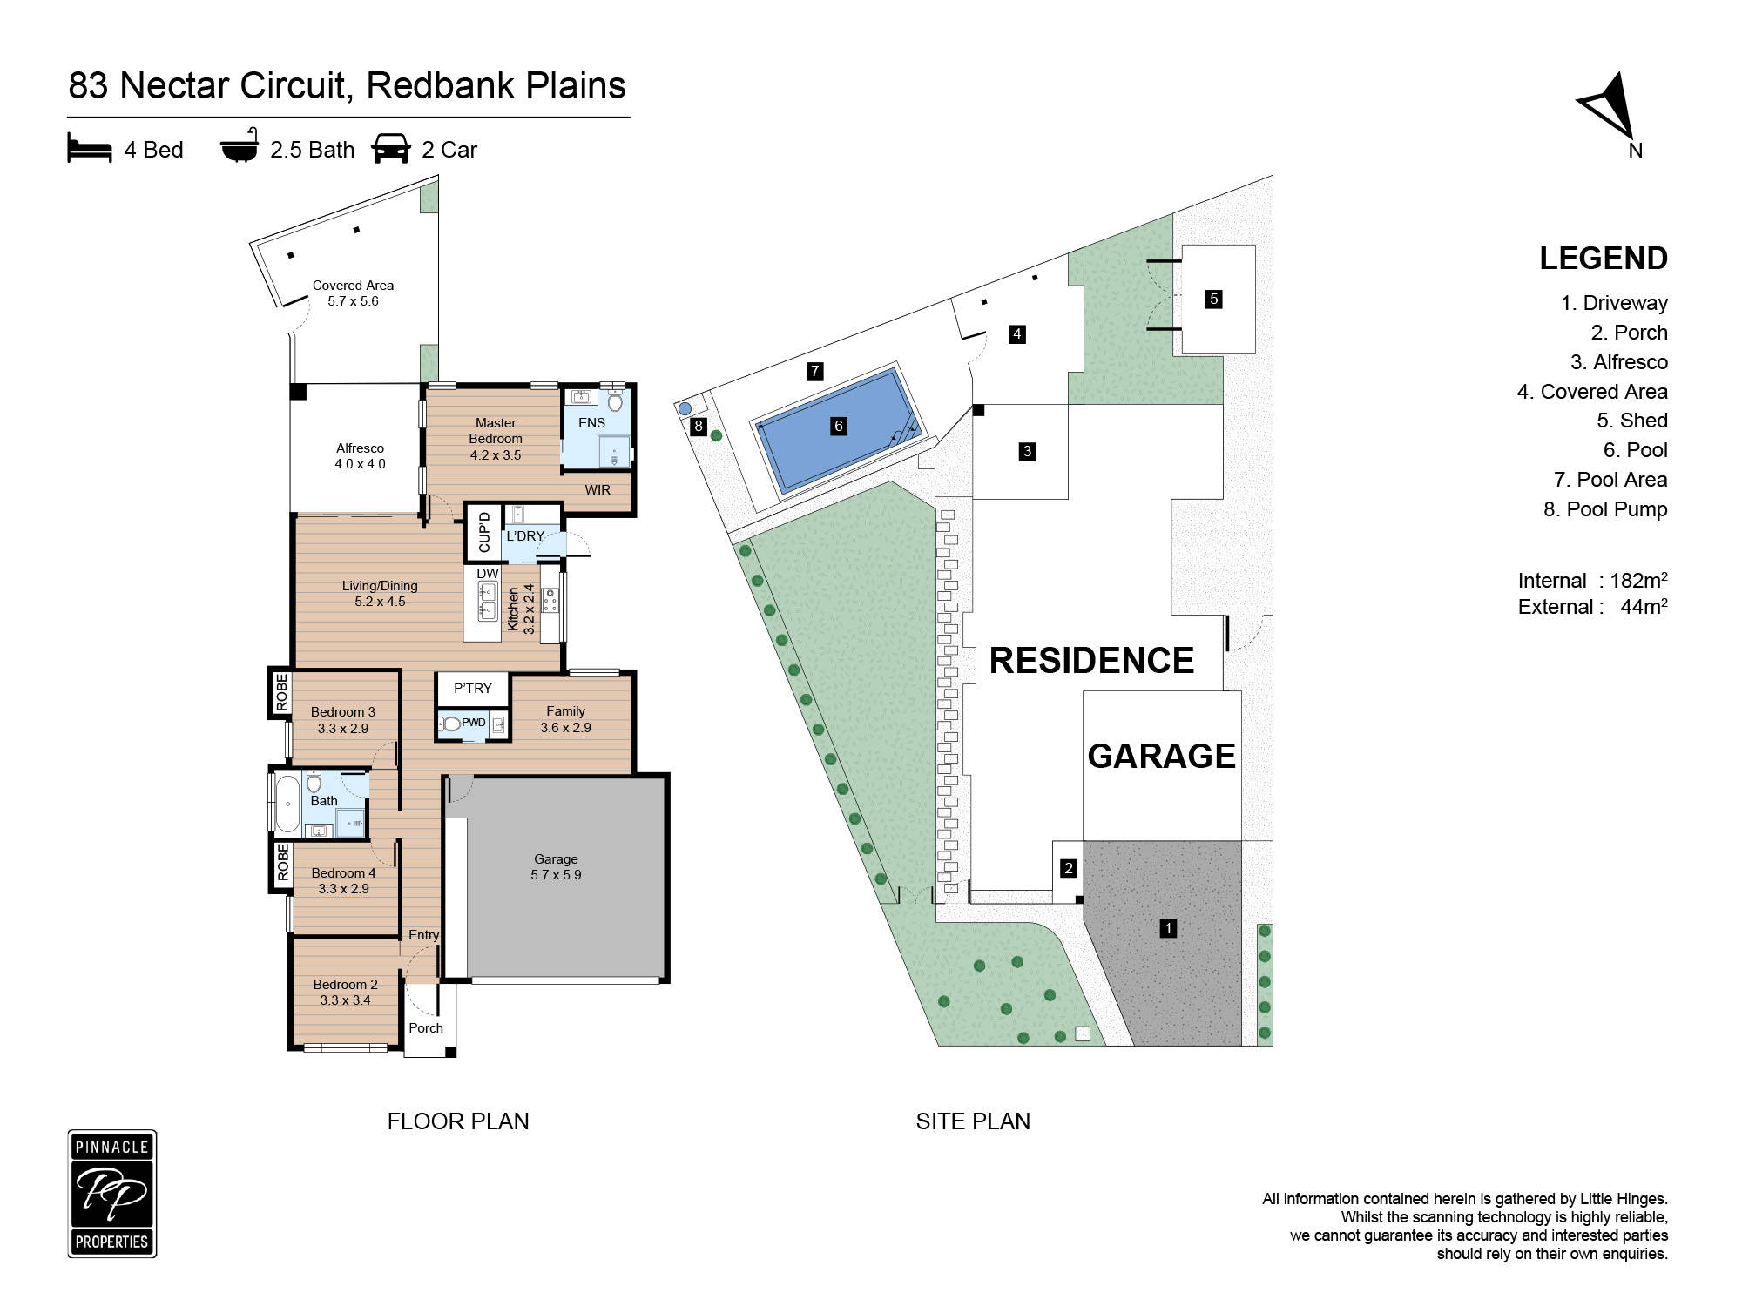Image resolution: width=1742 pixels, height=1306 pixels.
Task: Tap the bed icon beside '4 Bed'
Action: coord(90,148)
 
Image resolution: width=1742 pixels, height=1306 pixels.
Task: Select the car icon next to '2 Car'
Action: coord(390,148)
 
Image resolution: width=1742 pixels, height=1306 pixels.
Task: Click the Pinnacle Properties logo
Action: coord(112,1194)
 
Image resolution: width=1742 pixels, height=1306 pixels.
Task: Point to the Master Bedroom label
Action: coord(496,431)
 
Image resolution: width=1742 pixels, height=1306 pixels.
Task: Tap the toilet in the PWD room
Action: coord(450,724)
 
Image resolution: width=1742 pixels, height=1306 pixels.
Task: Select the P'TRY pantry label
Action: coord(472,688)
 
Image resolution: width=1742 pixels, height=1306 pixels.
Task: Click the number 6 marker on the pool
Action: coord(839,426)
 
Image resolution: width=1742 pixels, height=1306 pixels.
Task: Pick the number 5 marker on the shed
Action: coord(1213,300)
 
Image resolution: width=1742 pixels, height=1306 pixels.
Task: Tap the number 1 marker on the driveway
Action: coord(1168,928)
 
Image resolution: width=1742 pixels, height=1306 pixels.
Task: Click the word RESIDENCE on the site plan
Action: coord(1091,661)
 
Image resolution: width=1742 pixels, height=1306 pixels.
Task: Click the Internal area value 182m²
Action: coord(1637,581)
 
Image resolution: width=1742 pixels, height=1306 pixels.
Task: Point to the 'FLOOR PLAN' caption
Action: coord(458,1121)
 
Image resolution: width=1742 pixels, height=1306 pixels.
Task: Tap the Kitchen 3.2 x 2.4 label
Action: coord(521,609)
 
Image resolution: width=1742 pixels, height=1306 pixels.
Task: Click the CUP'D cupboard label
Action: coord(484,532)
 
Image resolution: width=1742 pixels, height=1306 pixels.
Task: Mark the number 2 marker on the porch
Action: coord(1068,868)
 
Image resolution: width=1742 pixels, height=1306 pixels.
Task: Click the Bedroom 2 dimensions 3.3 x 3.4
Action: coord(345,1000)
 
